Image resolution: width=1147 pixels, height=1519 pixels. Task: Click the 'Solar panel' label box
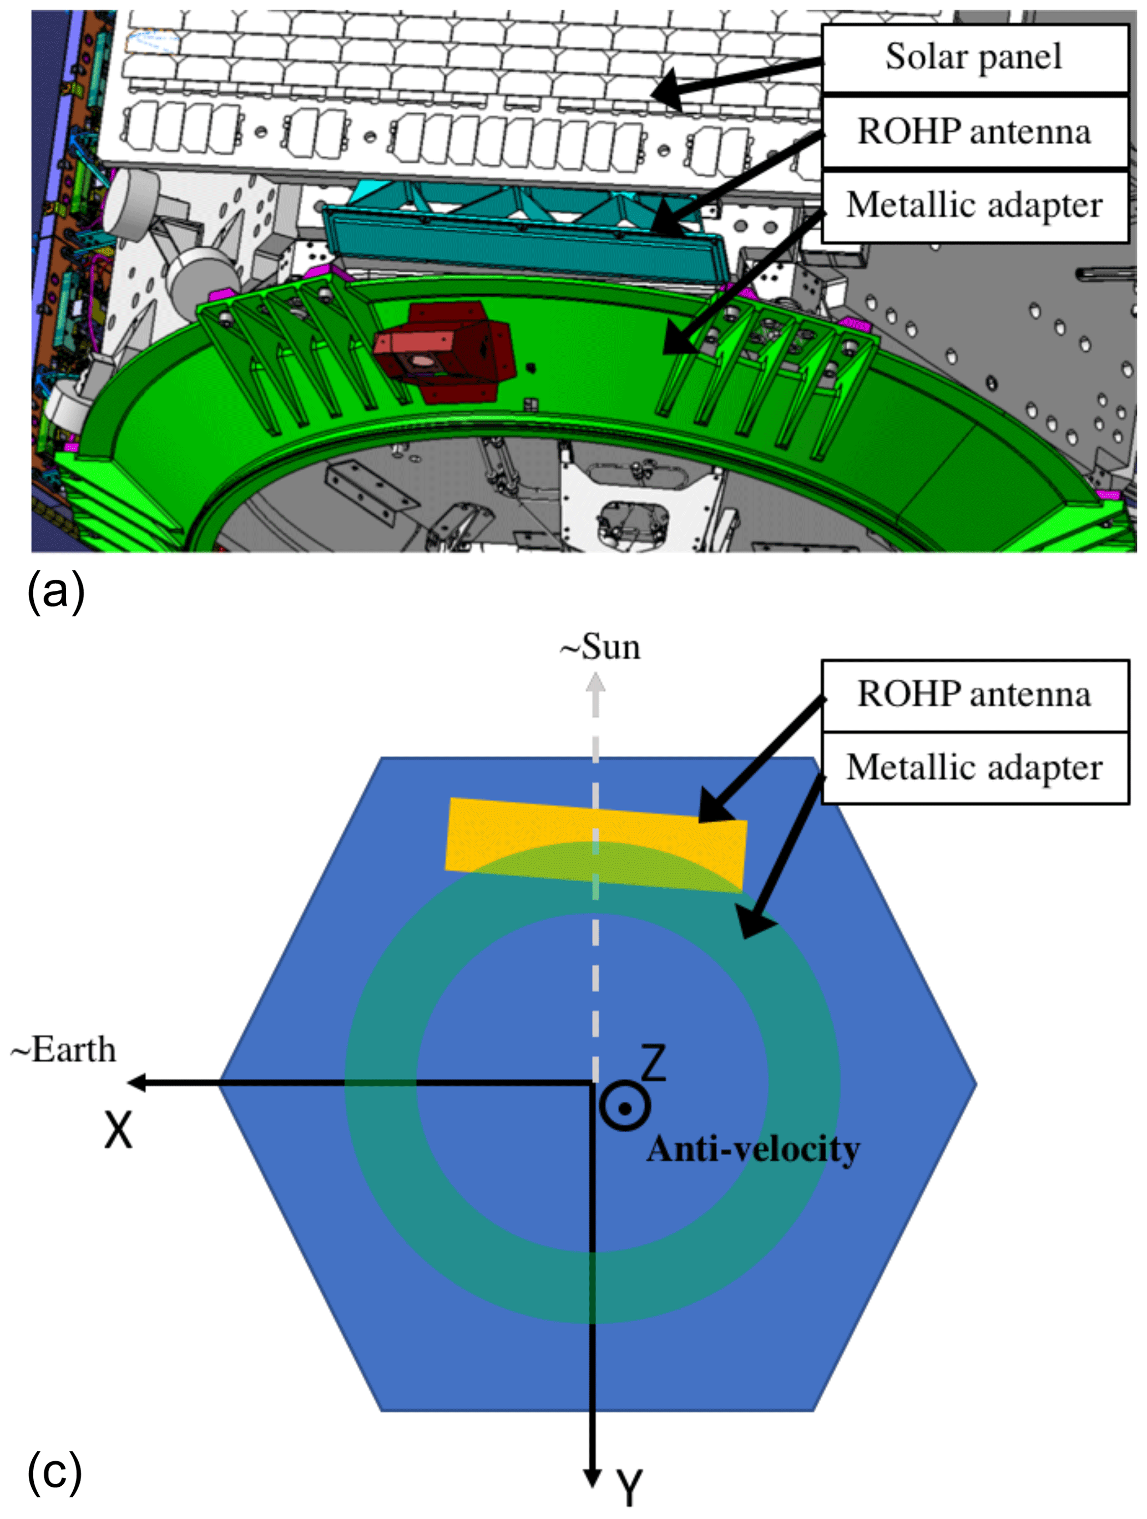(974, 58)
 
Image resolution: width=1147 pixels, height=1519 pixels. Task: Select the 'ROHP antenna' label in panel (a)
(974, 132)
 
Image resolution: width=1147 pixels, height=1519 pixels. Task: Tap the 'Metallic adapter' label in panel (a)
(974, 205)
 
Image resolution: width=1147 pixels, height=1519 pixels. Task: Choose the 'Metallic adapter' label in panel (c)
(974, 767)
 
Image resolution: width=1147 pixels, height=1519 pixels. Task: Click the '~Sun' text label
(600, 647)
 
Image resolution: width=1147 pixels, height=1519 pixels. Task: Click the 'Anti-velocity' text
(753, 1150)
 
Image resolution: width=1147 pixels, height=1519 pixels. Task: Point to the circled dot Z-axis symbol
(624, 1108)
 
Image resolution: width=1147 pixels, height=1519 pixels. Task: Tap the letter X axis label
(118, 1130)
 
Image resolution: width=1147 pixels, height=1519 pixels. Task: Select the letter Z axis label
(653, 1063)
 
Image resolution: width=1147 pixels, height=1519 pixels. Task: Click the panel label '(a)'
(55, 591)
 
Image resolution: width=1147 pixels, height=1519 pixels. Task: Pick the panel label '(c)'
(55, 1471)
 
